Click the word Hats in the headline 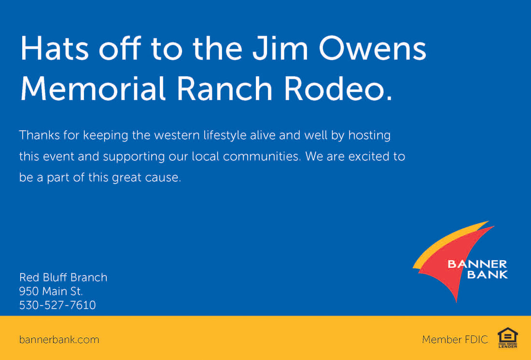coord(55,48)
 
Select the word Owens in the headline coord(372,48)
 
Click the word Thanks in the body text coord(40,135)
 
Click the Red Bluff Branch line coord(63,277)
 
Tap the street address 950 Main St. coord(51,291)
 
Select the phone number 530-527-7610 coord(57,305)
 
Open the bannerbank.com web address coord(59,339)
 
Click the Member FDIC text coord(455,339)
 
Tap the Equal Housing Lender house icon coord(508,338)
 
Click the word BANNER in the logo coord(477,264)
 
